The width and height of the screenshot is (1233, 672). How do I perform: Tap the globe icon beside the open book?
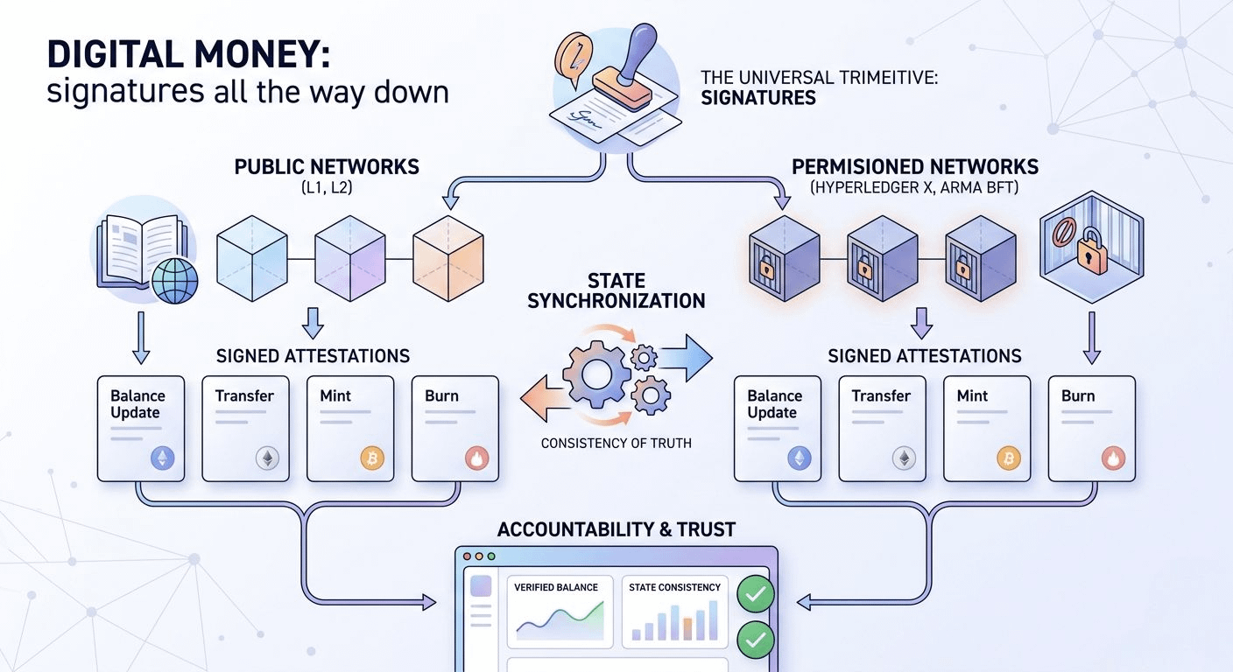pos(174,281)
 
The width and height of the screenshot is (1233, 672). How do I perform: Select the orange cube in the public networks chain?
pos(448,258)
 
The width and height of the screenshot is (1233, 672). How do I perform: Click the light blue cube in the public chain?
pos(252,258)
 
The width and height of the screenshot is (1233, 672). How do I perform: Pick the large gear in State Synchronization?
pos(596,374)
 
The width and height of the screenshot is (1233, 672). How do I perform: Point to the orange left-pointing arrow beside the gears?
pos(545,399)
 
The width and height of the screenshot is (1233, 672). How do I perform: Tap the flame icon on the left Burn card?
pos(476,458)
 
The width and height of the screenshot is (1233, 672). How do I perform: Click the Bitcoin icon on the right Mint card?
pos(1009,458)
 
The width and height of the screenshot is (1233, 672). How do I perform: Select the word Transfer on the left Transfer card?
pos(244,395)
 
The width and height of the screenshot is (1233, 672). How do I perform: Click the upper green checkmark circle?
pos(755,594)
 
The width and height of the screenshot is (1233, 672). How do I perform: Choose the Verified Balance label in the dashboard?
pos(556,587)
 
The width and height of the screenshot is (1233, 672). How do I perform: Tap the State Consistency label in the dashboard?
pos(674,587)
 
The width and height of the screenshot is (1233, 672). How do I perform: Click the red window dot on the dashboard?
pos(467,556)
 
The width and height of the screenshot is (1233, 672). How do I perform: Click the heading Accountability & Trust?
pos(616,529)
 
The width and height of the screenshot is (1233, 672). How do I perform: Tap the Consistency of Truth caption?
pos(616,444)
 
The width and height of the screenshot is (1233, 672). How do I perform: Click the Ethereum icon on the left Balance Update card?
pos(162,458)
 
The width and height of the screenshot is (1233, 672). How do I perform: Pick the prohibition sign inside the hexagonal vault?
pos(1064,232)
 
